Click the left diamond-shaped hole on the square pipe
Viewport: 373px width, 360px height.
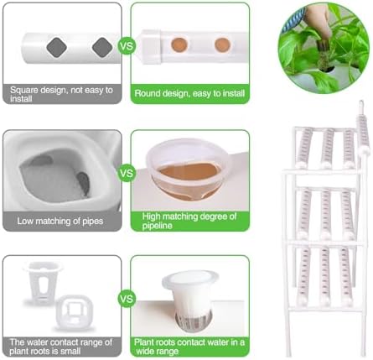56,48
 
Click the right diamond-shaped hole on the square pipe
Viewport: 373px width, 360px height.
102,47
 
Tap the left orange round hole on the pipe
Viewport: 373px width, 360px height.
179,44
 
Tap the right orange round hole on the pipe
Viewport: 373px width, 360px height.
222,45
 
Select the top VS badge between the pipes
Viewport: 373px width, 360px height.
127,45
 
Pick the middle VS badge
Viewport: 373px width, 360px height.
127,173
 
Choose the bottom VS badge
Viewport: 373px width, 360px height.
127,299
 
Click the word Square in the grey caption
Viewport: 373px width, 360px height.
24,91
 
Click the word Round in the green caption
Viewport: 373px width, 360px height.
148,93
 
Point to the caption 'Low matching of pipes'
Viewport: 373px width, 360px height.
60,221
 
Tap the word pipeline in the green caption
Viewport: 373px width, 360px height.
157,226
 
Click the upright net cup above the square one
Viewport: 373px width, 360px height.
43,283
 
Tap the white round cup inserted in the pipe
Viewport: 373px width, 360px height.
190,300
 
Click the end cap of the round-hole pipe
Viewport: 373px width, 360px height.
150,46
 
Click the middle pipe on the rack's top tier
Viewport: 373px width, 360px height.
327,148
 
